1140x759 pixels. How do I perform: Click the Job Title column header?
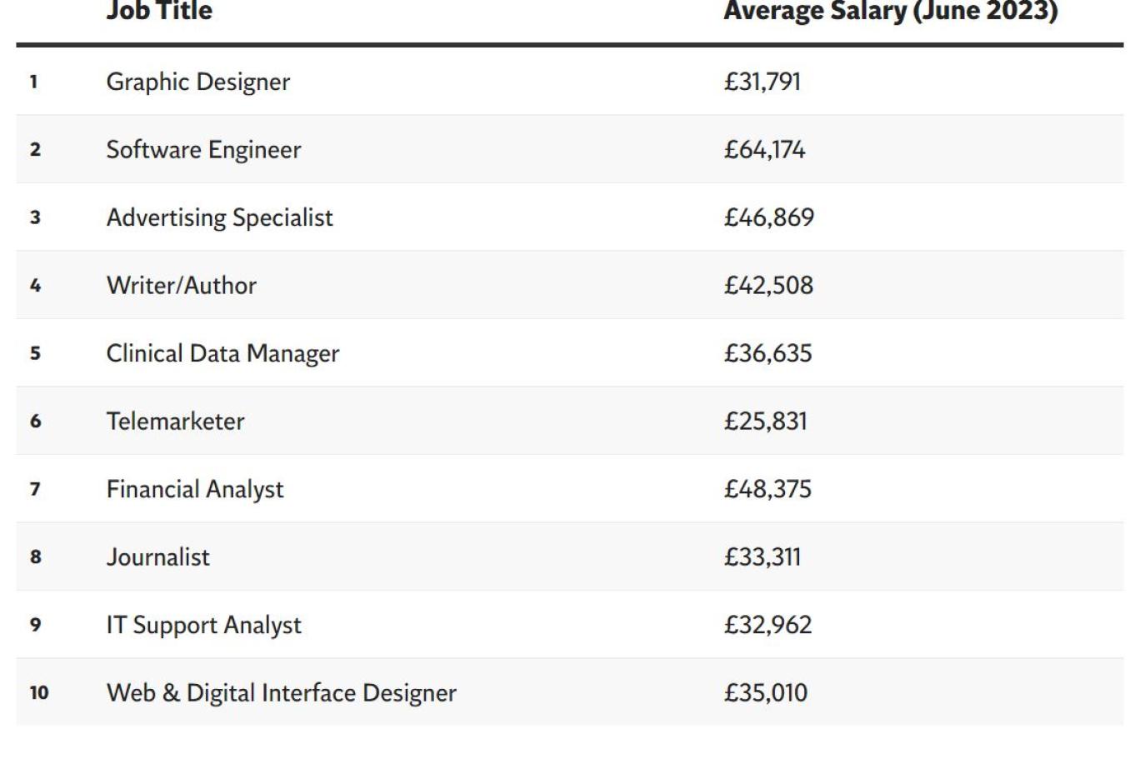click(x=159, y=12)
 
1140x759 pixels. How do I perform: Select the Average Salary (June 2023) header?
click(x=890, y=12)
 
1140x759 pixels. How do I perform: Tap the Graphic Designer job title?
click(x=198, y=82)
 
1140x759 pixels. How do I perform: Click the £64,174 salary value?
click(x=764, y=150)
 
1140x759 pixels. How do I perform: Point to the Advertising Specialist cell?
click(x=219, y=217)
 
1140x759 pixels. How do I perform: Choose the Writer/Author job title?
click(x=181, y=286)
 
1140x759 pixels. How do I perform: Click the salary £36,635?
click(x=767, y=353)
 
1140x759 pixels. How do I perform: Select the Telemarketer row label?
click(x=175, y=422)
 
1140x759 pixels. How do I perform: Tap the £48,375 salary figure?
click(x=767, y=489)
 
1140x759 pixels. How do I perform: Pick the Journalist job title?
click(x=157, y=557)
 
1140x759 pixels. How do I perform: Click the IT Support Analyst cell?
click(x=203, y=625)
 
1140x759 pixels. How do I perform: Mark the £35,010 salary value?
click(x=765, y=693)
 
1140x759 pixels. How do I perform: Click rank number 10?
click(x=39, y=693)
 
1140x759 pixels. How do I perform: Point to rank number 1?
click(x=33, y=82)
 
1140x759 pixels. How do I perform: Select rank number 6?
click(x=35, y=422)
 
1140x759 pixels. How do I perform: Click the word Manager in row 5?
click(x=292, y=353)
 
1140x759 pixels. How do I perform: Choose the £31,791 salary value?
click(x=762, y=82)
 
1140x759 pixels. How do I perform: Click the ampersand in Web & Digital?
click(x=171, y=693)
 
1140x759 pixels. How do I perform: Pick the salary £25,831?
click(x=765, y=422)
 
